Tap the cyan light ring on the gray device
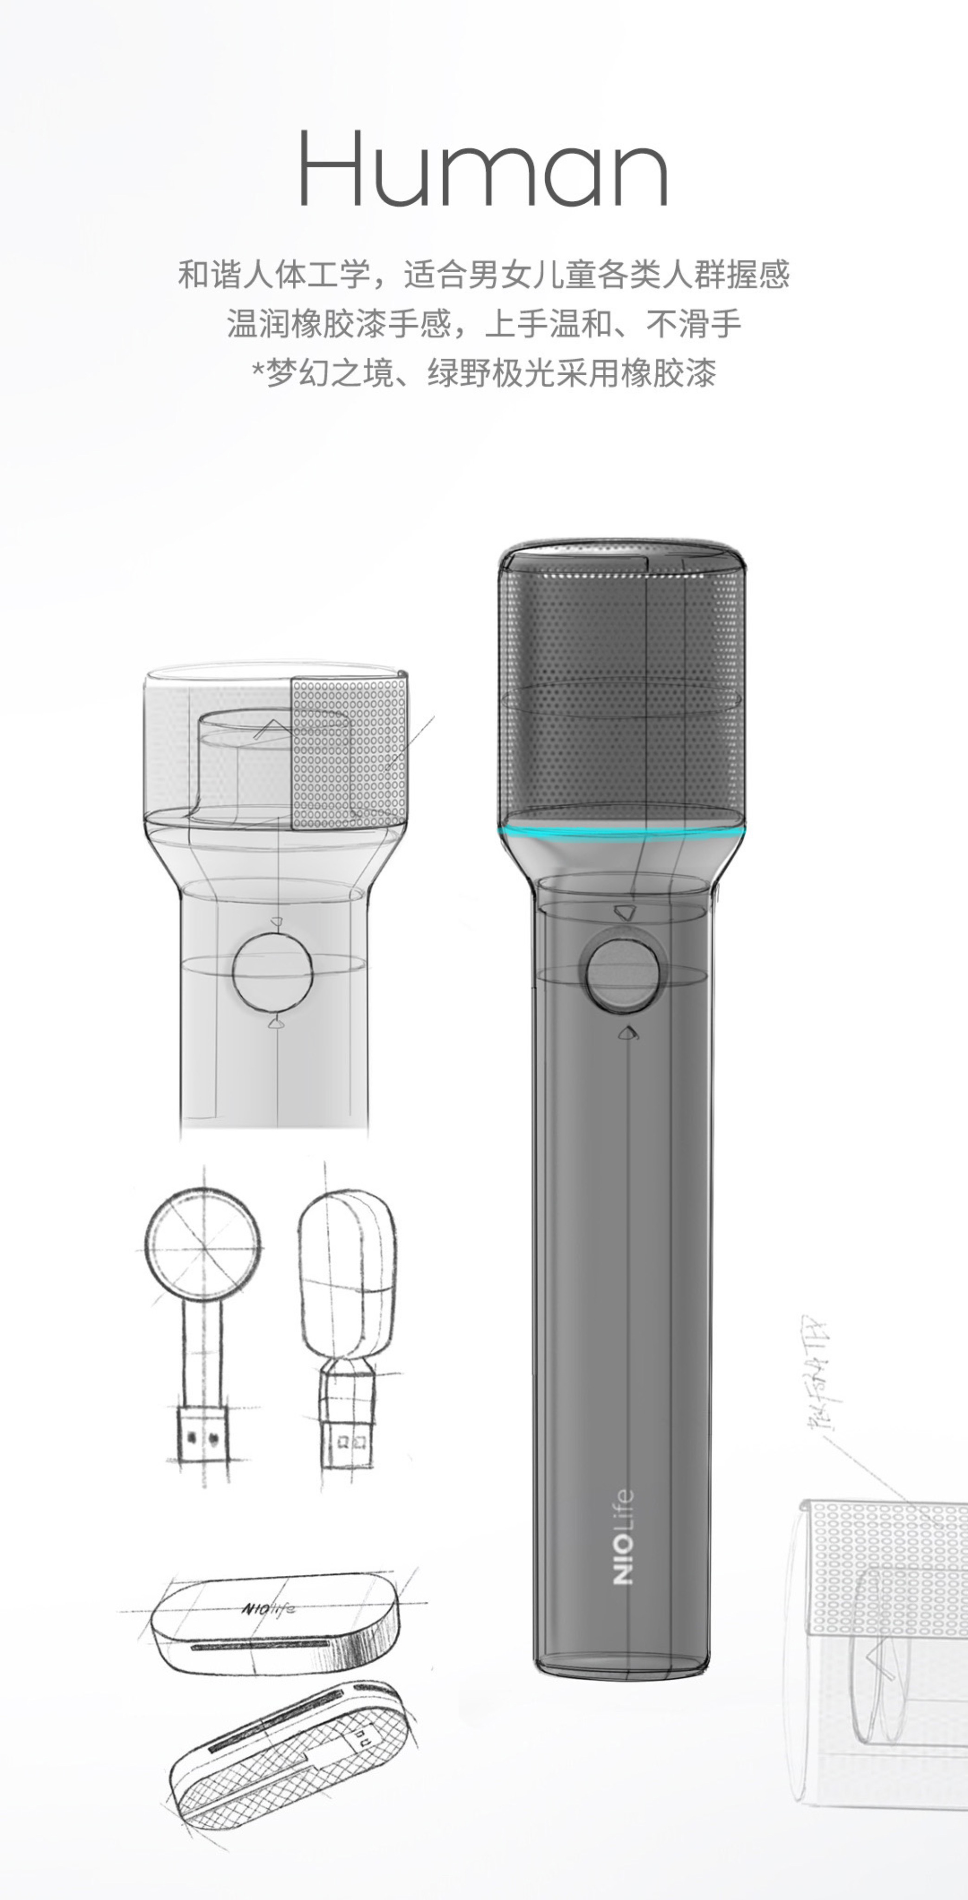[621, 834]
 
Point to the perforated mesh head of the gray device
[621, 686]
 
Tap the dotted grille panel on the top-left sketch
[349, 752]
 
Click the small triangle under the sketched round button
[276, 1022]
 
